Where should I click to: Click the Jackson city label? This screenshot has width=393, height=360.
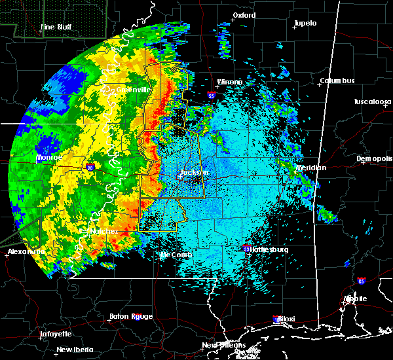(194, 173)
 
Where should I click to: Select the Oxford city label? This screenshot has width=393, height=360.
(244, 15)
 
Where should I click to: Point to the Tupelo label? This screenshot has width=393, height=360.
(305, 24)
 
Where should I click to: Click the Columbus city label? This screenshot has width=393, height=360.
(337, 81)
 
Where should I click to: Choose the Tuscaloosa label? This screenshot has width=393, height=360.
(372, 102)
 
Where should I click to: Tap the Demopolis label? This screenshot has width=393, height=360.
(375, 159)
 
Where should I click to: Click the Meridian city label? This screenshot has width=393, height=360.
(311, 168)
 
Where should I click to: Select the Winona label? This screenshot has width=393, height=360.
(229, 82)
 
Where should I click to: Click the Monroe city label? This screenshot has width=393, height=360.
(48, 158)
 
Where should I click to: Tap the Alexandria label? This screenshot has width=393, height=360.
(26, 251)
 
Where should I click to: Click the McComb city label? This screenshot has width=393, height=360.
(178, 255)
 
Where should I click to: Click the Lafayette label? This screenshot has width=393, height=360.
(56, 334)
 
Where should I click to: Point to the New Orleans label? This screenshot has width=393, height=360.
(223, 345)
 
